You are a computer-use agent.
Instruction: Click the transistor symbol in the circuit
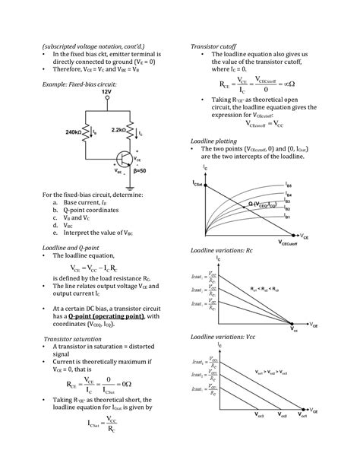coord(125,160)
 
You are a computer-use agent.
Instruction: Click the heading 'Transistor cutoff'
coord(218,47)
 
